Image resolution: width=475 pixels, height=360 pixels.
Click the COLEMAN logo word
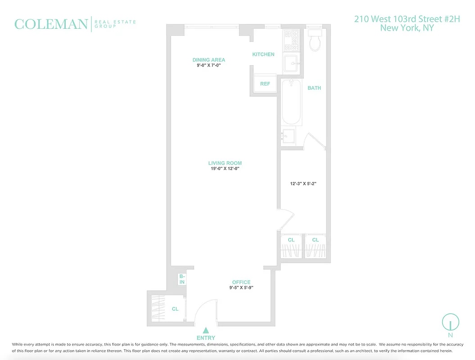[x=51, y=24]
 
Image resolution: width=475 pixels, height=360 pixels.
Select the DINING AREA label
[x=209, y=60]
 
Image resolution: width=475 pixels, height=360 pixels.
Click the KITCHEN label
[x=263, y=54]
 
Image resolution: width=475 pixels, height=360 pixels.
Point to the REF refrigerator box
[x=265, y=84]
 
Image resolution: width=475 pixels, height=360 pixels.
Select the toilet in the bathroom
[x=315, y=40]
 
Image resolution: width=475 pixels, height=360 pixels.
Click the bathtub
[x=291, y=102]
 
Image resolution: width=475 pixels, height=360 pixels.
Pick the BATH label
[x=314, y=88]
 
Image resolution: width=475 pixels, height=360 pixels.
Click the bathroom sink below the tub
[x=289, y=135]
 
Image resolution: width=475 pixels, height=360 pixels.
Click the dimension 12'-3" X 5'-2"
[x=304, y=184]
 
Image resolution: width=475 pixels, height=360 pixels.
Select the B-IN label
[x=182, y=279]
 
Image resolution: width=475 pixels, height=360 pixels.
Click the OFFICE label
[x=241, y=283]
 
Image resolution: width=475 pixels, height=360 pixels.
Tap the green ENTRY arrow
[x=206, y=330]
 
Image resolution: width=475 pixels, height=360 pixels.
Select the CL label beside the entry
[x=175, y=309]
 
